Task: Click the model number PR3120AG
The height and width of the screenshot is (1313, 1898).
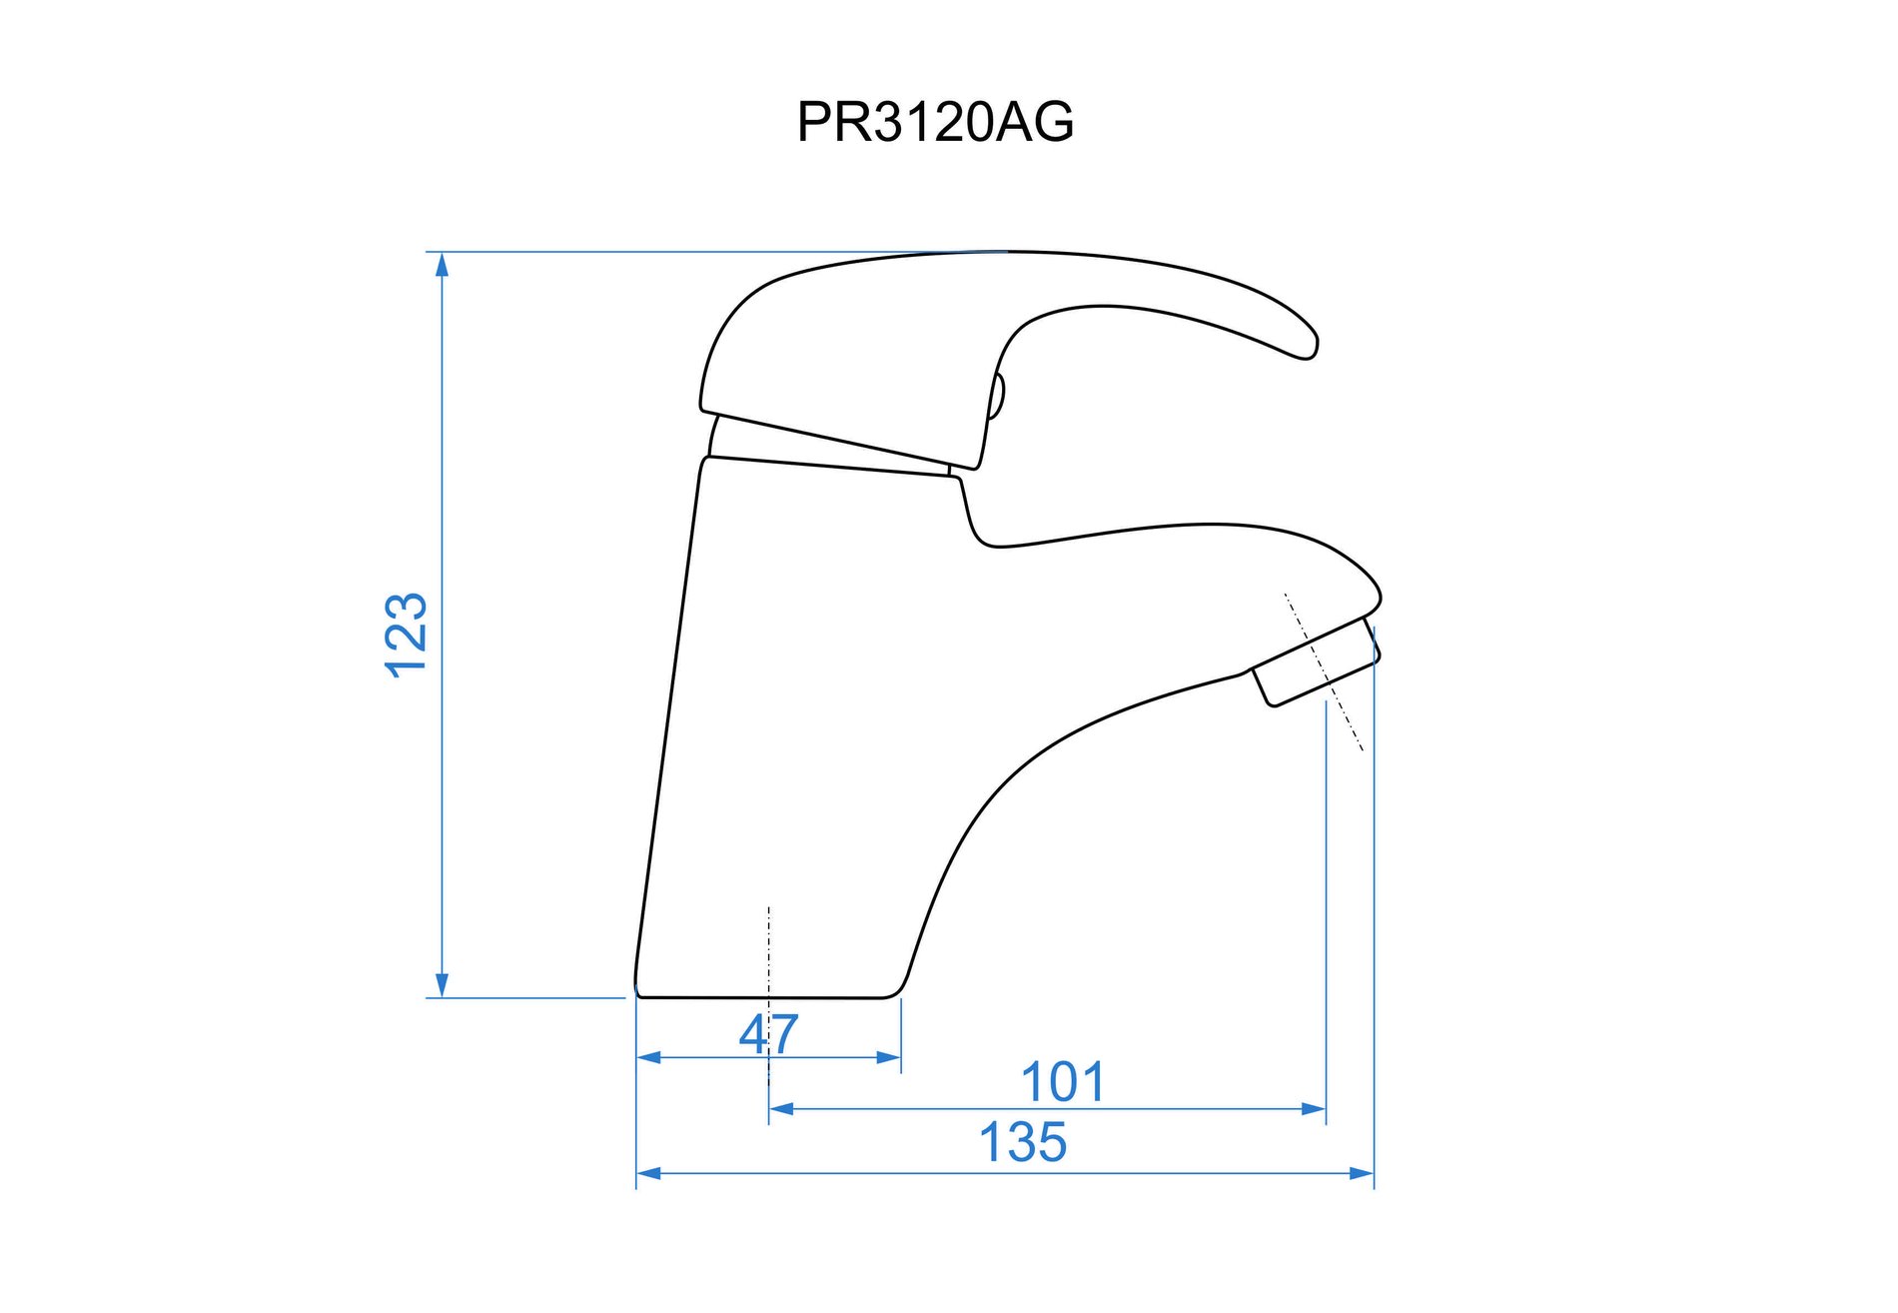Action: pos(935,122)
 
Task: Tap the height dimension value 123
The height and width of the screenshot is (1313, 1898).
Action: pos(407,636)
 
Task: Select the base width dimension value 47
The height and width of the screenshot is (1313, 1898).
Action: pos(769,1033)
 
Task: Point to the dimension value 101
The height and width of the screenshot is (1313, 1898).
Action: pos(1063,1082)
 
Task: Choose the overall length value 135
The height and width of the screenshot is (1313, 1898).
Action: pos(1023,1142)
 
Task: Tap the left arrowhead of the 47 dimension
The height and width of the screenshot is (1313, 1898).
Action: pos(649,1057)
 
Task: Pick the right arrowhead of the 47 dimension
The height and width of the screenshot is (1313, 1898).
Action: pos(888,1057)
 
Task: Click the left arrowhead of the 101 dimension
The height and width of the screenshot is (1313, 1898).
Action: pos(781,1108)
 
